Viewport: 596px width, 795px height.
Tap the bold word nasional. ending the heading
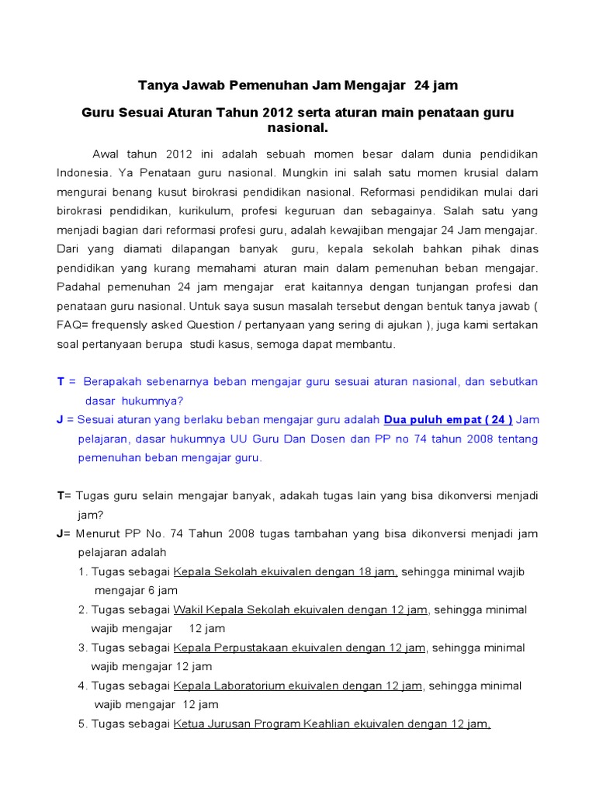click(298, 127)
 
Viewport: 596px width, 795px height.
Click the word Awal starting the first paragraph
click(107, 154)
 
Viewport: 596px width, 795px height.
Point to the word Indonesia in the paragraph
click(81, 172)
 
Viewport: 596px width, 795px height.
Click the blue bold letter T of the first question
click(61, 382)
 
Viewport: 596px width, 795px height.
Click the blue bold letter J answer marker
click(60, 420)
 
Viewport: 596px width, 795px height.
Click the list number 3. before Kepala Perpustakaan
click(82, 648)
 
